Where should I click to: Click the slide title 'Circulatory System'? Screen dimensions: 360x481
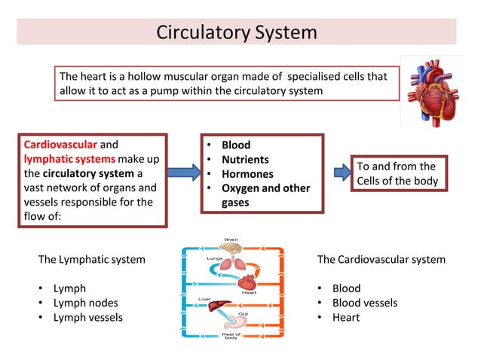(x=236, y=33)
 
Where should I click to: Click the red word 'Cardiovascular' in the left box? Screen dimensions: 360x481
(x=60, y=144)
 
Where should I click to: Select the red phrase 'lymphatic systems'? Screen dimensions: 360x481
(x=69, y=159)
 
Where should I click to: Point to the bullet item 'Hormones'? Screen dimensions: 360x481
(x=247, y=174)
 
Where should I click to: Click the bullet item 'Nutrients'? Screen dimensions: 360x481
(x=245, y=160)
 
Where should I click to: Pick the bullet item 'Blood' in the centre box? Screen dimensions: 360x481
(x=235, y=145)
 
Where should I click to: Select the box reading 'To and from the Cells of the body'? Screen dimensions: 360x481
(x=397, y=174)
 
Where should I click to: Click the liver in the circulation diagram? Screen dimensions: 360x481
(x=219, y=307)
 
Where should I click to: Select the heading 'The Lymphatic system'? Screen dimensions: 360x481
(x=91, y=260)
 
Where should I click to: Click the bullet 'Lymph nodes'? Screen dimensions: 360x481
(x=85, y=303)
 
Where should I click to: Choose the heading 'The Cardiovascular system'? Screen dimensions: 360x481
(x=381, y=260)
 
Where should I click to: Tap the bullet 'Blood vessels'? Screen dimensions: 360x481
(x=365, y=303)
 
